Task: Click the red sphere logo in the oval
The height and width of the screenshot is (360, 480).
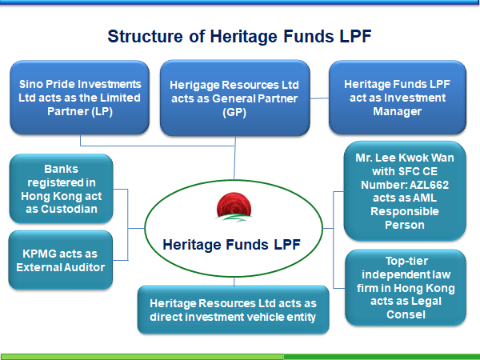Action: pyautogui.click(x=234, y=206)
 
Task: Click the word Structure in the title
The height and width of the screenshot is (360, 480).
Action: pyautogui.click(x=145, y=36)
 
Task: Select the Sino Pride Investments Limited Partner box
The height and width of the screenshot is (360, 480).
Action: pyautogui.click(x=79, y=98)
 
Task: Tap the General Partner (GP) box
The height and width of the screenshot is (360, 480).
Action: pyautogui.click(x=234, y=98)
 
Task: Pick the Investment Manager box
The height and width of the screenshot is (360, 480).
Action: pyautogui.click(x=398, y=98)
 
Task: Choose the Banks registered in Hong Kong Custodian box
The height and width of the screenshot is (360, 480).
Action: pyautogui.click(x=62, y=189)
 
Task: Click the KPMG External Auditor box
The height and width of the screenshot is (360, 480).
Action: pyautogui.click(x=61, y=260)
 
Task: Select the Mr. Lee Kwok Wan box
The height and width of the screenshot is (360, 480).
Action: pyautogui.click(x=405, y=191)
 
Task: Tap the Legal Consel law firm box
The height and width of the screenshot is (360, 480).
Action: pyautogui.click(x=406, y=288)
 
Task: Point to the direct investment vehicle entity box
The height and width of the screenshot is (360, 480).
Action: pyautogui.click(x=234, y=310)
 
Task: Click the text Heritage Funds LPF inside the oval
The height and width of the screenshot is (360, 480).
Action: pyautogui.click(x=231, y=245)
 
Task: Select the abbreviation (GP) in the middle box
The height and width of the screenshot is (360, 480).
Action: pyautogui.click(x=234, y=112)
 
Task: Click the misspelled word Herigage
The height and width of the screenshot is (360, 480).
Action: pyautogui.click(x=194, y=85)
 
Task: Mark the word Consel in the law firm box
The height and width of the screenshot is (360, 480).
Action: pyautogui.click(x=406, y=314)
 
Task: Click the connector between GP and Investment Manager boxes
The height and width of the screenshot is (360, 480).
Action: pyautogui.click(x=319, y=98)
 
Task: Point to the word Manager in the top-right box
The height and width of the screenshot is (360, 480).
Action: pyautogui.click(x=398, y=111)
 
